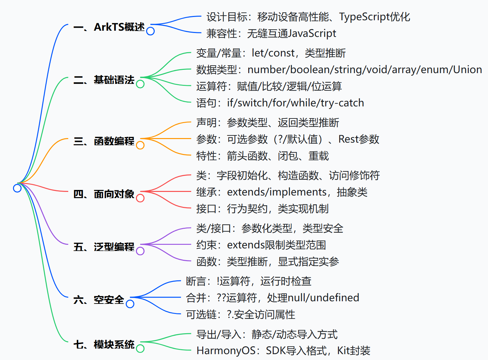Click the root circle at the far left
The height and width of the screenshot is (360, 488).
[17, 188]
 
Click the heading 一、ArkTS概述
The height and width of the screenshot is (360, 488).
[109, 27]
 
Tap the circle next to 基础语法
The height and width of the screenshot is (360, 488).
[140, 84]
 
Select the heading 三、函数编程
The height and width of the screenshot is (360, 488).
[104, 141]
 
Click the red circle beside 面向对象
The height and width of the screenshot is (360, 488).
[140, 198]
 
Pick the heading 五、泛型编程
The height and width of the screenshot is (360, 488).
[104, 247]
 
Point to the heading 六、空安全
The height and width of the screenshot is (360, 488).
[99, 300]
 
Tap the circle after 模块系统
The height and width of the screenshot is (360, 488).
[140, 348]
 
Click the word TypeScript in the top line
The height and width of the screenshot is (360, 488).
[364, 17]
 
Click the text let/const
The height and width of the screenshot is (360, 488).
[273, 53]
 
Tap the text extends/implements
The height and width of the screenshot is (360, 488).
[277, 192]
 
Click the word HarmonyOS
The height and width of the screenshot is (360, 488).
[226, 351]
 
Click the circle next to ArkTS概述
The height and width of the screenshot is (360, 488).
[150, 31]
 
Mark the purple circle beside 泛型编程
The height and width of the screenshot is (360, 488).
[140, 251]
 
